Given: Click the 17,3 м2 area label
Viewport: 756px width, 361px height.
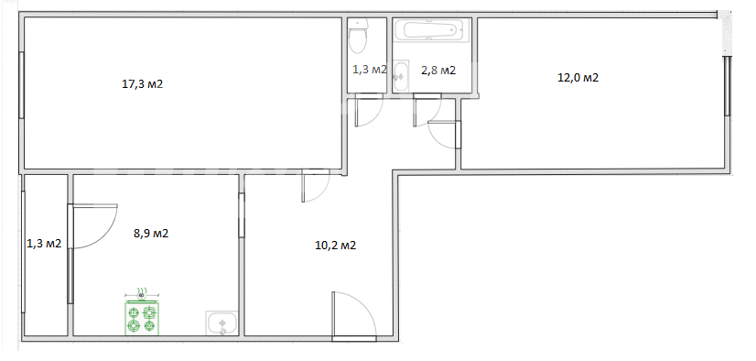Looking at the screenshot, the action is point(142,84).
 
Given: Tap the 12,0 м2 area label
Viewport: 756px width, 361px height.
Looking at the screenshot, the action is point(578,78).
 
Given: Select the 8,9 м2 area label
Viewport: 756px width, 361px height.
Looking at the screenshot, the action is point(151,234).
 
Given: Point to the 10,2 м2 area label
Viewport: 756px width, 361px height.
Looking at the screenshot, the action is point(336,246).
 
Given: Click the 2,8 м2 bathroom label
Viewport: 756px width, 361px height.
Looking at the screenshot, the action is point(438,71).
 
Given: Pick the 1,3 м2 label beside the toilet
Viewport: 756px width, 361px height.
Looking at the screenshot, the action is point(370,70).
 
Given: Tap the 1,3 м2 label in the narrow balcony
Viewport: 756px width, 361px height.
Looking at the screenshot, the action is point(44,243).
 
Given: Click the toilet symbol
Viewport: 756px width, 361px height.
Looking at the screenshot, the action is point(358,36).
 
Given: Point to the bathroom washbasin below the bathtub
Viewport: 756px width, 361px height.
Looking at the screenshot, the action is point(401,76).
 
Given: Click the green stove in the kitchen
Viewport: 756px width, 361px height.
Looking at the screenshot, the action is point(142,317).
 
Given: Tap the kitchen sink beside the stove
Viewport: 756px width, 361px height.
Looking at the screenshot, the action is point(221,323).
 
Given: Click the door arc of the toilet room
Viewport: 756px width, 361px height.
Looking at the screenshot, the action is point(369,111).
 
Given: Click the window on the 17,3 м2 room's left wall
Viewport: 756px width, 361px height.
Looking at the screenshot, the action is point(21,84).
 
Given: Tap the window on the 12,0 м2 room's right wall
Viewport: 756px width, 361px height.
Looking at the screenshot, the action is point(727,86).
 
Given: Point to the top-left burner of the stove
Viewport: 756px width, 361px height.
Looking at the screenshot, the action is point(133,312).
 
